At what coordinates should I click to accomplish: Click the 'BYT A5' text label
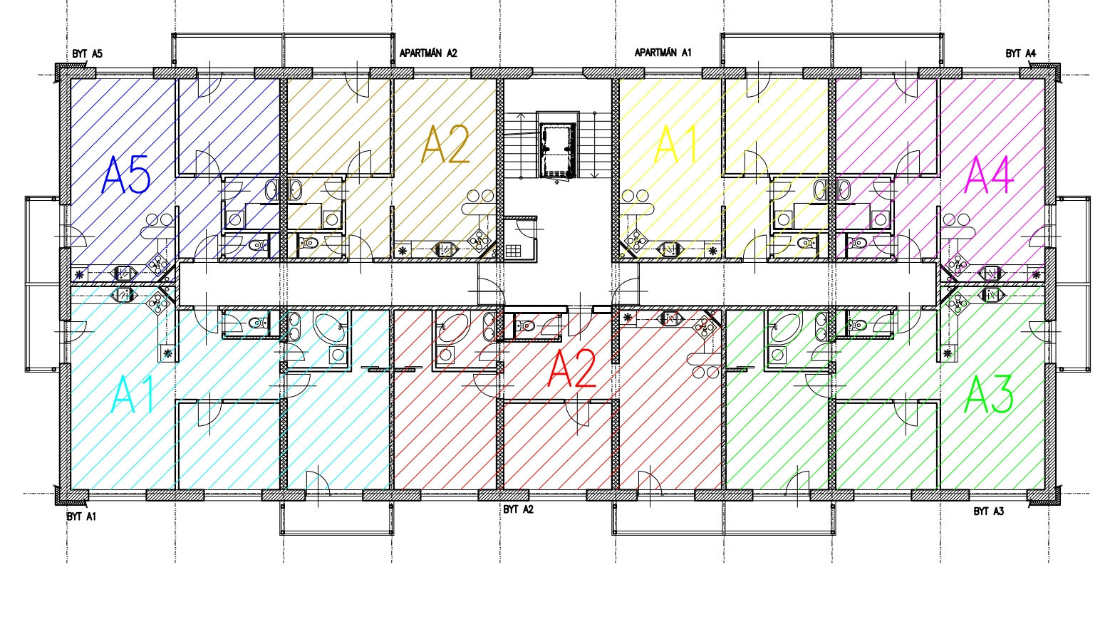pos(87,54)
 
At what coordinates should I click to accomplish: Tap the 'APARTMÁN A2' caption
pos(428,53)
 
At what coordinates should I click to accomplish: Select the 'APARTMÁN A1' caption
pos(663,53)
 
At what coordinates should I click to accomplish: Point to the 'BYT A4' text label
pos(1021,53)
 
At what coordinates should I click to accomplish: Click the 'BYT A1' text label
pos(81,516)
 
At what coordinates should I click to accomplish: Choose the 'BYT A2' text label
pos(519,509)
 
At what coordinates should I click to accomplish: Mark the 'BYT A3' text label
pos(989,511)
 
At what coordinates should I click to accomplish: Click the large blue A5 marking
pos(126,175)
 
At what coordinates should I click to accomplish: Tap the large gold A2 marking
pos(445,144)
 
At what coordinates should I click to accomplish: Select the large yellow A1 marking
pos(676,144)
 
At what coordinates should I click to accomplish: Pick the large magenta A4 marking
pos(989,175)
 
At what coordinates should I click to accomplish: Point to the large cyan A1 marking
pos(132,394)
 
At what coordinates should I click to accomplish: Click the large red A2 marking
pos(571,368)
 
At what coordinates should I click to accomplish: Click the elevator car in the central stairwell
pos(559,150)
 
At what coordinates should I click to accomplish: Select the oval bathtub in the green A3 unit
pos(784,328)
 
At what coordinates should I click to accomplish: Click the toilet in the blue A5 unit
pos(256,244)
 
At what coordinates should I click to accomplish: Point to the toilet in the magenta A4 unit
pos(857,243)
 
